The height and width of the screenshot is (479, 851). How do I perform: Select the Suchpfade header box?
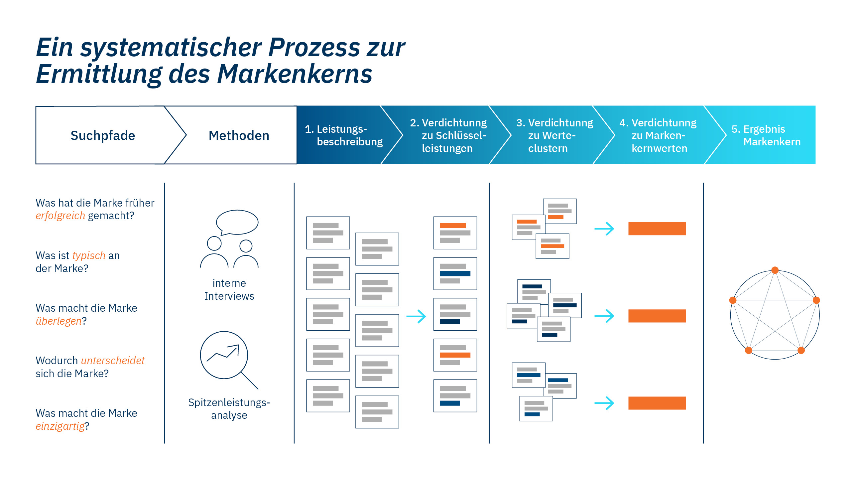(103, 135)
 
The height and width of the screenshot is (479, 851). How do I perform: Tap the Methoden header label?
(239, 135)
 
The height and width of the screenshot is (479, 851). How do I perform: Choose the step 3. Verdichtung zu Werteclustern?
(554, 135)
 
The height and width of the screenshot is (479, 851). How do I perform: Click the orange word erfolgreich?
(60, 216)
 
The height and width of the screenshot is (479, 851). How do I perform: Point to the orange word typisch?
(88, 255)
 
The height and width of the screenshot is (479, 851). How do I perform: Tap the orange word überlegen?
(59, 321)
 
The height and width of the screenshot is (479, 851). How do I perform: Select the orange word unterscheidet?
(113, 361)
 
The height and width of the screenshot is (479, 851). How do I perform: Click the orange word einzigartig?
(60, 426)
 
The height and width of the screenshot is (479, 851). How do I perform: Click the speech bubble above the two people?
(237, 222)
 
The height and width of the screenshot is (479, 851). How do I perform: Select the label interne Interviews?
(229, 289)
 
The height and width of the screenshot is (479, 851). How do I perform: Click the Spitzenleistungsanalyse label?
(229, 408)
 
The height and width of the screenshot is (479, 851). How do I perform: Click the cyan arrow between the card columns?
(416, 316)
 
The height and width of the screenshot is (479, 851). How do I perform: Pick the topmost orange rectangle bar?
(657, 229)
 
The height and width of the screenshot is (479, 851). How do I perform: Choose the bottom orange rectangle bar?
(657, 403)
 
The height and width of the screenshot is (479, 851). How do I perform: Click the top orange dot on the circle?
(775, 270)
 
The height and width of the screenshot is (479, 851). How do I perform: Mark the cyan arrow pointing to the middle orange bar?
(604, 316)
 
